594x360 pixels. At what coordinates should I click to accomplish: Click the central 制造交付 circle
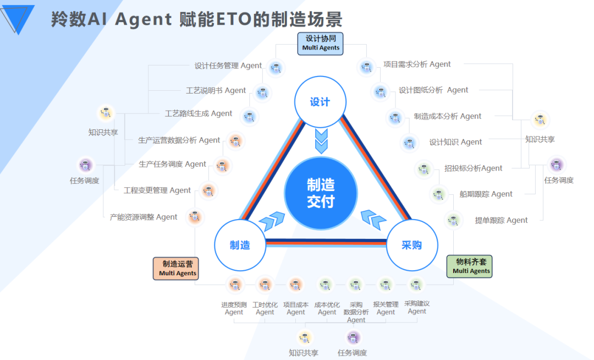pyautogui.click(x=320, y=193)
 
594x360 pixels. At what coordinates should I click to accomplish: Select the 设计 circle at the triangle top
pyautogui.click(x=320, y=102)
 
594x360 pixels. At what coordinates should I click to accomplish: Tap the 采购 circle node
pyautogui.click(x=412, y=245)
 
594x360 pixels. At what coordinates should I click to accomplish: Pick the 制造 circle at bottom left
pyautogui.click(x=240, y=245)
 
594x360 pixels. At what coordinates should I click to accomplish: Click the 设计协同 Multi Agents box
pyautogui.click(x=321, y=43)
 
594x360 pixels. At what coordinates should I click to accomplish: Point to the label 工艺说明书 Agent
pyautogui.click(x=216, y=90)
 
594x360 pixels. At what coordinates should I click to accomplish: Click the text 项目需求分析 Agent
pyautogui.click(x=417, y=64)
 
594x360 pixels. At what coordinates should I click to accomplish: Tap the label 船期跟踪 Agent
pyautogui.click(x=486, y=194)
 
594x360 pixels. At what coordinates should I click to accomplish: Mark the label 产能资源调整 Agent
pyautogui.click(x=144, y=217)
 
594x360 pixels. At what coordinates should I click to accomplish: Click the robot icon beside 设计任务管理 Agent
pyautogui.click(x=276, y=68)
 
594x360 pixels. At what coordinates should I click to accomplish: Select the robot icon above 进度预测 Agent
pyautogui.click(x=235, y=285)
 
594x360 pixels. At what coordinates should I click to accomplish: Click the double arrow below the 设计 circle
pyautogui.click(x=321, y=141)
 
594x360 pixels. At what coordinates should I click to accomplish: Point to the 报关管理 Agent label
pyautogui.click(x=386, y=308)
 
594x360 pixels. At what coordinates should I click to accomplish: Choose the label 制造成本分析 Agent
pyautogui.click(x=447, y=116)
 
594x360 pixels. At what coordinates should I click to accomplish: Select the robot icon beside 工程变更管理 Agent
pyautogui.click(x=208, y=190)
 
